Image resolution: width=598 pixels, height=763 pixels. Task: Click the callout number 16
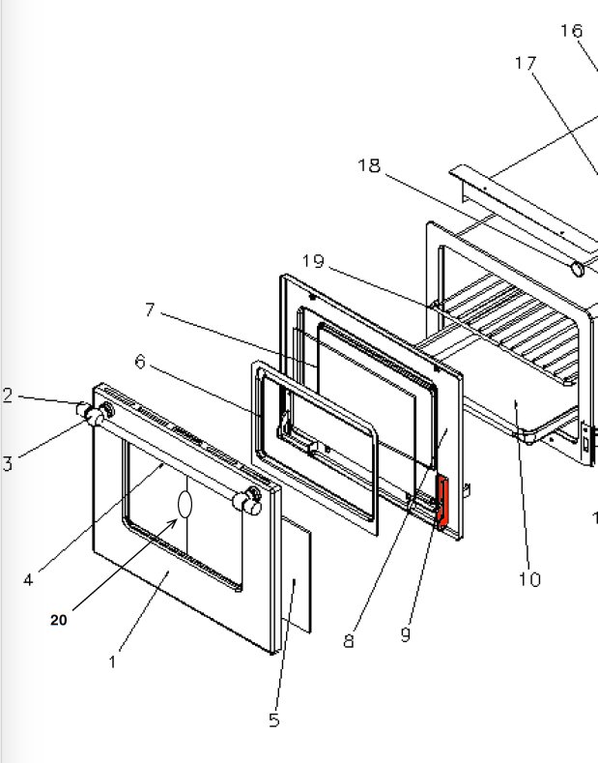click(x=571, y=31)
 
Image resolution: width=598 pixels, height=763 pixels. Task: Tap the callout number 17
click(x=526, y=64)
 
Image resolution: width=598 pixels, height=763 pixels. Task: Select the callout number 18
click(x=369, y=165)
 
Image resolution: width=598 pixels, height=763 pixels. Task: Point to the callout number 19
click(x=312, y=261)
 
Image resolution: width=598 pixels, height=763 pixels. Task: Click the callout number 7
click(x=150, y=309)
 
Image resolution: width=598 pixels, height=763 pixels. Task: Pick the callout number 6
click(x=140, y=362)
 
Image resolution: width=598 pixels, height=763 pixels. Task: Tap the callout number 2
click(x=8, y=396)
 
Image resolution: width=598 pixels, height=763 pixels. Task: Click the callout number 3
click(x=8, y=463)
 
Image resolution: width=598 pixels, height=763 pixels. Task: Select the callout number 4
click(x=28, y=580)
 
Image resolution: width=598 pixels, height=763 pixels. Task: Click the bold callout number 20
click(x=59, y=621)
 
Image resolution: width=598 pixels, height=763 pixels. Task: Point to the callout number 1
click(x=113, y=662)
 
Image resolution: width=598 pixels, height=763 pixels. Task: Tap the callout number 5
click(x=274, y=720)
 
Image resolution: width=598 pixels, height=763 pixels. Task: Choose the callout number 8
click(x=349, y=641)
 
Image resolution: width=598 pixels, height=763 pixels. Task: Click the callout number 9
click(x=406, y=634)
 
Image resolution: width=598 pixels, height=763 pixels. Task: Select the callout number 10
click(x=528, y=579)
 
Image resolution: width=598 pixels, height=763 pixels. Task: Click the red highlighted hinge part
click(x=443, y=503)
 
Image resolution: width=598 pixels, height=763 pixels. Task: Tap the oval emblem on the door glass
click(x=185, y=506)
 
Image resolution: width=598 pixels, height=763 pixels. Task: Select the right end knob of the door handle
click(x=250, y=500)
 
